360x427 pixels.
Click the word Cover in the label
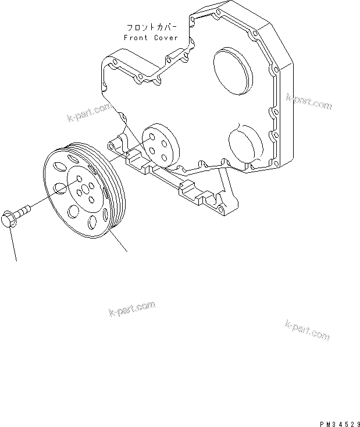tap(167, 38)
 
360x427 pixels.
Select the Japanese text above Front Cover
tap(152, 27)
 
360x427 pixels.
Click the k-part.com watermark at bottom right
tap(308, 330)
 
